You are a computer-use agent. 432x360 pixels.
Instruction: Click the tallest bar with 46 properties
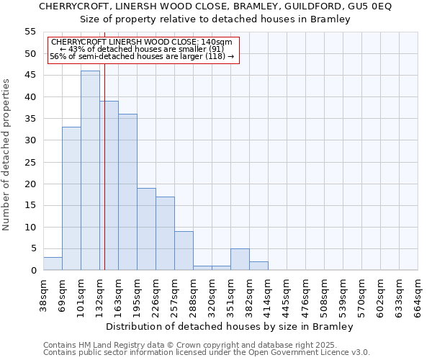coord(90,171)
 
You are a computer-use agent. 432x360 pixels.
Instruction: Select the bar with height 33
coord(71,199)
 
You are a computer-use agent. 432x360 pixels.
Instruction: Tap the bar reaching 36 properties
coord(127,192)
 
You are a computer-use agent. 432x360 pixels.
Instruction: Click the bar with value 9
coord(184,251)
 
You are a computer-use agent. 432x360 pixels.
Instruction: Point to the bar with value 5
coord(240,259)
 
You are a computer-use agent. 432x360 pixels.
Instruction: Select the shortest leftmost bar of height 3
coord(53,264)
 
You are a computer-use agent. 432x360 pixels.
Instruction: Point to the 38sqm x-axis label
coord(43,294)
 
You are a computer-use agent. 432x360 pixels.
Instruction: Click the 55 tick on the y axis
coord(30,32)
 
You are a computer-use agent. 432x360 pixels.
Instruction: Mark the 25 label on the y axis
coord(30,162)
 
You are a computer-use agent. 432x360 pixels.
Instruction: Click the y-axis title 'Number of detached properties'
coord(7,154)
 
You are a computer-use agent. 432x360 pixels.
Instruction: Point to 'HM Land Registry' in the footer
coord(112,345)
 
